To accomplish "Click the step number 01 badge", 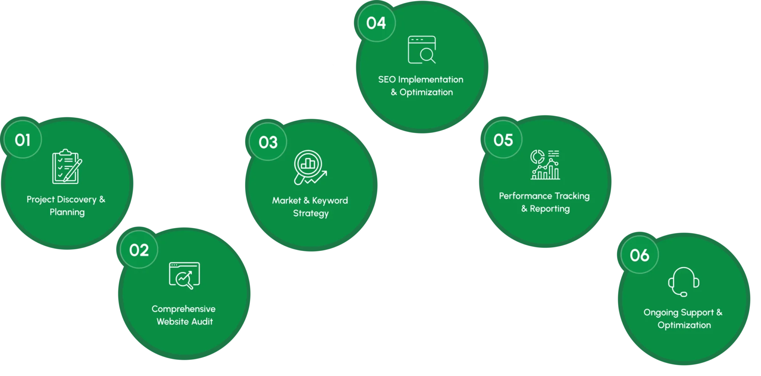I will coord(23,140).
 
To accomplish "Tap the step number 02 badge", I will coord(139,250).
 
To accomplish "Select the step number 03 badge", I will coord(268,142).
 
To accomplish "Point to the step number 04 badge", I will coord(376,23).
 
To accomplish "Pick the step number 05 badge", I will coord(503,140).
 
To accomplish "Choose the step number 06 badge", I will coord(639,255).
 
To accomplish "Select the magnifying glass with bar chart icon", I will coord(310,167).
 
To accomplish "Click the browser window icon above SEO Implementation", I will coord(422,50).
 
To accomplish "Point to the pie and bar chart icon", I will coord(545,165).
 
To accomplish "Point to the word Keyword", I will coord(330,201).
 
